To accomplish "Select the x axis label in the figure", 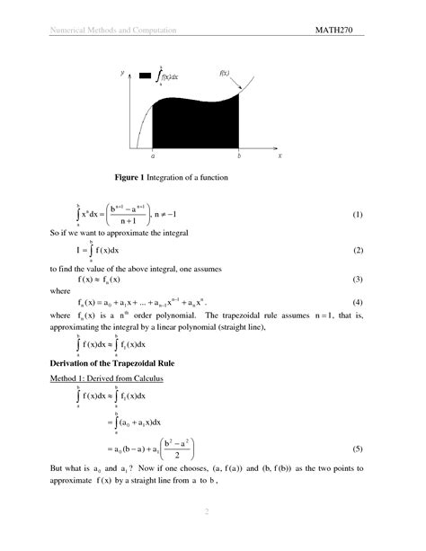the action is point(280,156).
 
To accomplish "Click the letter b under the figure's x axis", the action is point(239,156).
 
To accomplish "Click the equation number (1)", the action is point(357,216).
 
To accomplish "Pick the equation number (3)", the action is point(357,280).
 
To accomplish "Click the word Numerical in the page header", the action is point(65,31).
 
